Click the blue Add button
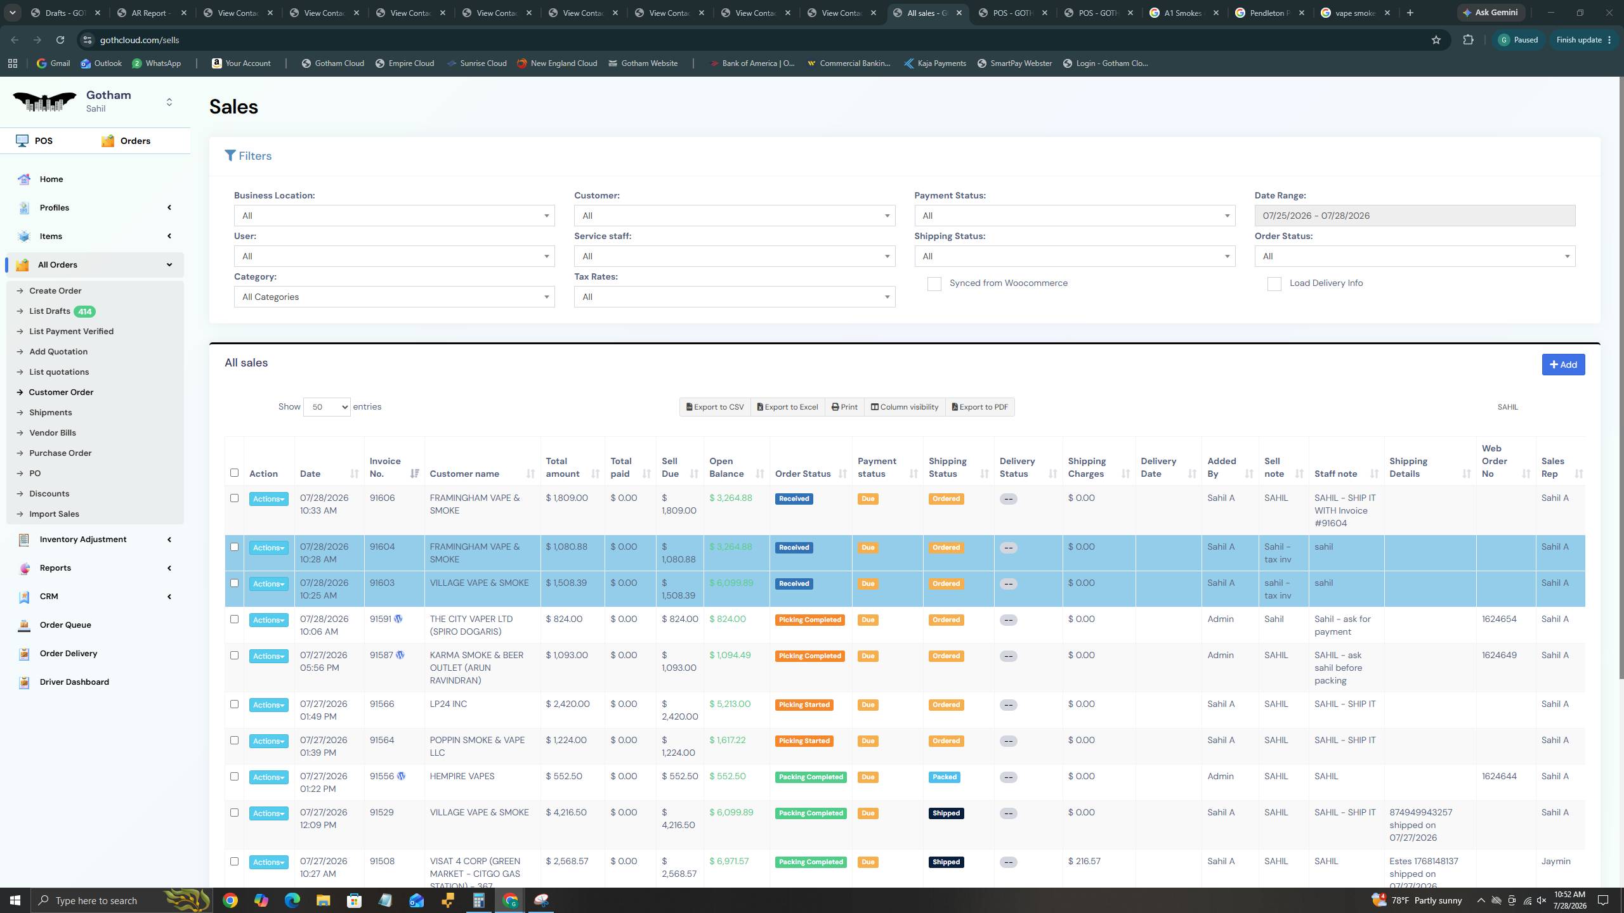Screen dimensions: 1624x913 (1563, 365)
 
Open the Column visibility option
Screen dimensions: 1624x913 (905, 407)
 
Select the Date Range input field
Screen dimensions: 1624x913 (1415, 216)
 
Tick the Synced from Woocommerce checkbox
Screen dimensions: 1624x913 (934, 283)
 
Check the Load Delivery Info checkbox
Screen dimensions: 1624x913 (1274, 283)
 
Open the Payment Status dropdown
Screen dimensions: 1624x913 (1075, 216)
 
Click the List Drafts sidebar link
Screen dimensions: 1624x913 (49, 311)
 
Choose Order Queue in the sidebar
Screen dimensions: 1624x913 (65, 625)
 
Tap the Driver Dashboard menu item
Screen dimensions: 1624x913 (74, 682)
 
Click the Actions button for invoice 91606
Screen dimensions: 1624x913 (268, 499)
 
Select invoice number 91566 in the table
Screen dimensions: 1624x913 (382, 704)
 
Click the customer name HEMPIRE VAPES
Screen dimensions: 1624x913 (462, 777)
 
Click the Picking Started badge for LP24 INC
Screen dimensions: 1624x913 (804, 705)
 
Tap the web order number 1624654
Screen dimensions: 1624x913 (1499, 619)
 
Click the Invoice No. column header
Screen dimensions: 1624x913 (385, 467)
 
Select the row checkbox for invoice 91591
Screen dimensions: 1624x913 (234, 619)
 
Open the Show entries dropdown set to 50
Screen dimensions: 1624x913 (327, 407)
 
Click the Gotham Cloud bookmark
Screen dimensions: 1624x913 (333, 63)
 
